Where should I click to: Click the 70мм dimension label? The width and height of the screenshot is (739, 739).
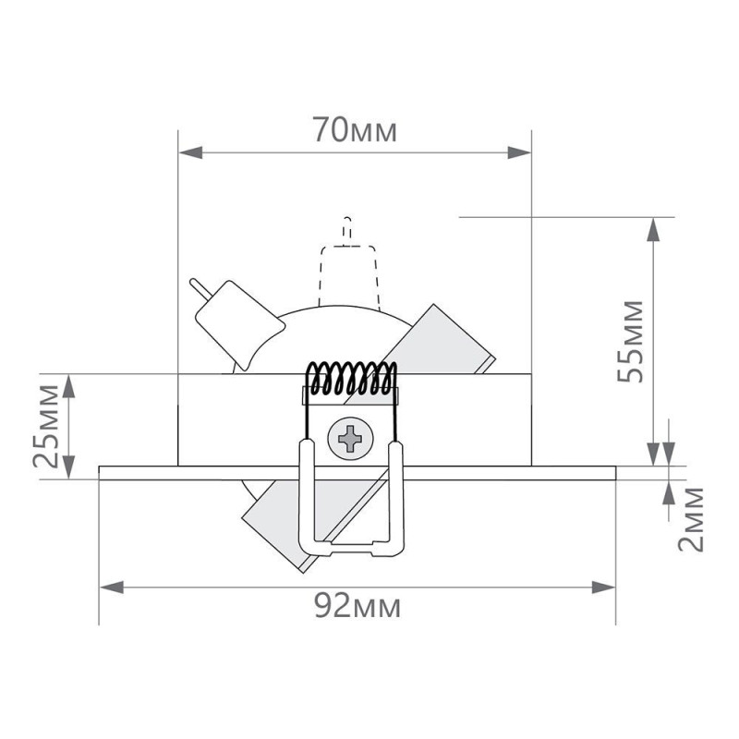354,131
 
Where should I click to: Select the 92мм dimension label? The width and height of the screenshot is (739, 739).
357,606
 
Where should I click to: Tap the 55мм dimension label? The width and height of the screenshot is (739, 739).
630,339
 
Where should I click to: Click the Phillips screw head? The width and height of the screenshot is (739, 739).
351,437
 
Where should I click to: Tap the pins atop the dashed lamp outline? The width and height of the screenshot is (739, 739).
346,229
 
